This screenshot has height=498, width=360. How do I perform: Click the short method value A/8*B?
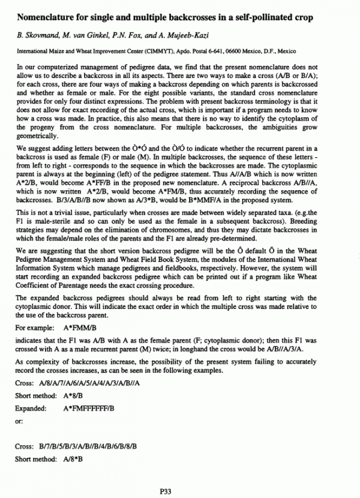coord(72,458)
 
